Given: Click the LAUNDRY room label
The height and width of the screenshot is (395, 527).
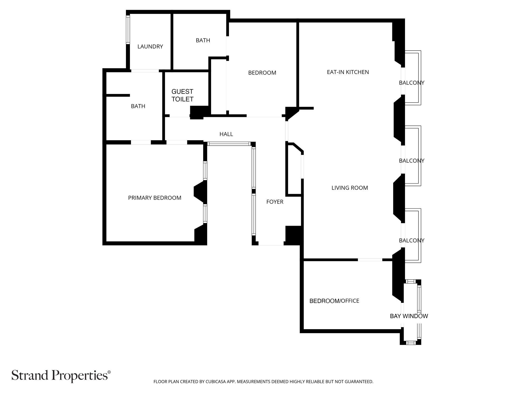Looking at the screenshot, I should tap(150, 47).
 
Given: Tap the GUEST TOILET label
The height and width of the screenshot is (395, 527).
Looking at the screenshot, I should tap(182, 95).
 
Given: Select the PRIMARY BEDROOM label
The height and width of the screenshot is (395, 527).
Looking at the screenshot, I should tap(155, 198).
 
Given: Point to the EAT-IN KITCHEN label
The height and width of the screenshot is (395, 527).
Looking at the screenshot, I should tap(348, 72).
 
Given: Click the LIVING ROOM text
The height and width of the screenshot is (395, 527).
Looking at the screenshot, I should tap(350, 188).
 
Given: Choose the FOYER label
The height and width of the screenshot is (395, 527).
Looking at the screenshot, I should tap(275, 202).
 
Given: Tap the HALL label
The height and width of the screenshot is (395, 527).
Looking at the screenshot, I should tap(226, 134).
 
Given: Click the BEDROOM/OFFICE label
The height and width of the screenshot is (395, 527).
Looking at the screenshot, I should tap(334, 301).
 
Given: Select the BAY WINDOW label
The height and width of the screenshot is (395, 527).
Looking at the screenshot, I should tap(409, 316).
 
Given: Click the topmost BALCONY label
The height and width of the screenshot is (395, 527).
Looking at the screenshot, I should tap(412, 83).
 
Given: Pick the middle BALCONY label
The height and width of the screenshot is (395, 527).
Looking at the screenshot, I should tap(412, 161).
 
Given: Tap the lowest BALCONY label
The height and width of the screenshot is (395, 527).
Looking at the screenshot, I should tap(412, 240).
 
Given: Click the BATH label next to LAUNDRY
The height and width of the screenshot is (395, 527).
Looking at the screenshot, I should tap(203, 40).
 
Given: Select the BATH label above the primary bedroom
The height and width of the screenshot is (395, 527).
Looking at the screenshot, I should tap(138, 106).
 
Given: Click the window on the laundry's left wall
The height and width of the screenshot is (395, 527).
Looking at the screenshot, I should tap(128, 29).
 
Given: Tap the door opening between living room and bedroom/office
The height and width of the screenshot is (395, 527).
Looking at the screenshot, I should tap(370, 260).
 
